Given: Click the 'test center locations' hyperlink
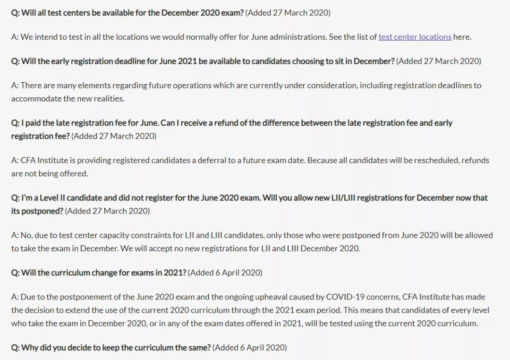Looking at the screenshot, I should pyautogui.click(x=415, y=37).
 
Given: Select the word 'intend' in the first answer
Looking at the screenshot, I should pyautogui.click(x=46, y=37).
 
